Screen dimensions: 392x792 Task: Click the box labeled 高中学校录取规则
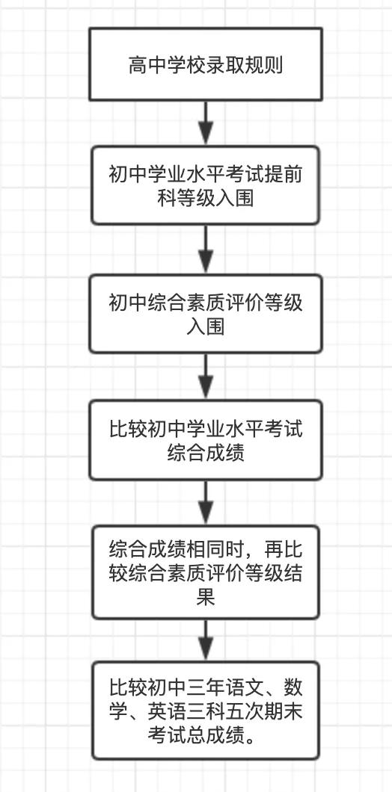coord(206,64)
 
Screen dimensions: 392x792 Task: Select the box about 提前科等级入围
coord(206,185)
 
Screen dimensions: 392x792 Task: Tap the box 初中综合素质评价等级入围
coord(206,314)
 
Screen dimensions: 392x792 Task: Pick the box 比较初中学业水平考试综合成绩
coord(206,440)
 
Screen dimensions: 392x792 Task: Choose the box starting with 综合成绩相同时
coord(206,572)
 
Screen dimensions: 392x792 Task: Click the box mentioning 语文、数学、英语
coord(206,711)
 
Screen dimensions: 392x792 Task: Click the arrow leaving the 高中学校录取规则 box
coord(206,123)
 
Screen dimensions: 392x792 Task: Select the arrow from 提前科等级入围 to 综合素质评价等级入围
coord(206,250)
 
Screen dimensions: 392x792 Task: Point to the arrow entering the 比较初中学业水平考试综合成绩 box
coord(206,377)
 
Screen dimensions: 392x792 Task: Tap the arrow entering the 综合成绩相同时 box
coord(206,503)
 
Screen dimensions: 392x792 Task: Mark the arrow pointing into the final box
coord(206,640)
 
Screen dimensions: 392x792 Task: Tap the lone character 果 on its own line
coord(206,598)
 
